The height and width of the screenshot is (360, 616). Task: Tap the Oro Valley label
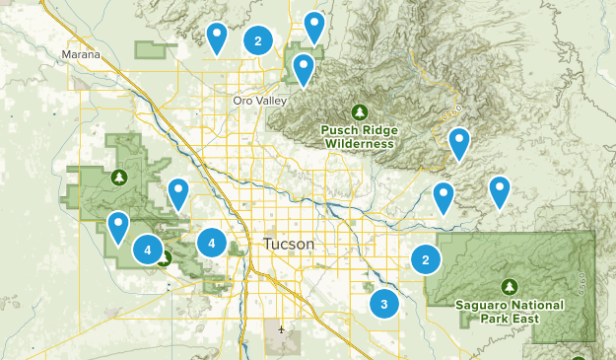[257, 101]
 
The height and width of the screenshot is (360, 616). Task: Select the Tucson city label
[289, 244]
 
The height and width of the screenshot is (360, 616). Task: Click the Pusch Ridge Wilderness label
[357, 136]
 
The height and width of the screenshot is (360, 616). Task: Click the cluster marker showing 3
[383, 305]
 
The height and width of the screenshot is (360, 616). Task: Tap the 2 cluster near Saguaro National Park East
[426, 260]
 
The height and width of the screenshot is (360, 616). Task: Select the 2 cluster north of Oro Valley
[258, 40]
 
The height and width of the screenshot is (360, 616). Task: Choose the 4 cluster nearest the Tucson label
[212, 243]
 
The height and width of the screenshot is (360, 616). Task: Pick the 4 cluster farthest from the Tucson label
[148, 251]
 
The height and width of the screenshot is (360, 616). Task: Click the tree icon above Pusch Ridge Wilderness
[359, 110]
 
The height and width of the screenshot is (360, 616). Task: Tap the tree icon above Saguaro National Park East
[509, 286]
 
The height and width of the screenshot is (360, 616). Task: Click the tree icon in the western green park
[119, 178]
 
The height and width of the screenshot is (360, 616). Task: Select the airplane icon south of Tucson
[283, 328]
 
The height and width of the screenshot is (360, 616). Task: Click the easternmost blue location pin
[500, 190]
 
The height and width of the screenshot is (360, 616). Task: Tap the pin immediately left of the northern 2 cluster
[217, 36]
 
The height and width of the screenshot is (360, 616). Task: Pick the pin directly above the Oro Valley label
[304, 68]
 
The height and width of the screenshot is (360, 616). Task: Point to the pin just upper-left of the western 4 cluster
[118, 227]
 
